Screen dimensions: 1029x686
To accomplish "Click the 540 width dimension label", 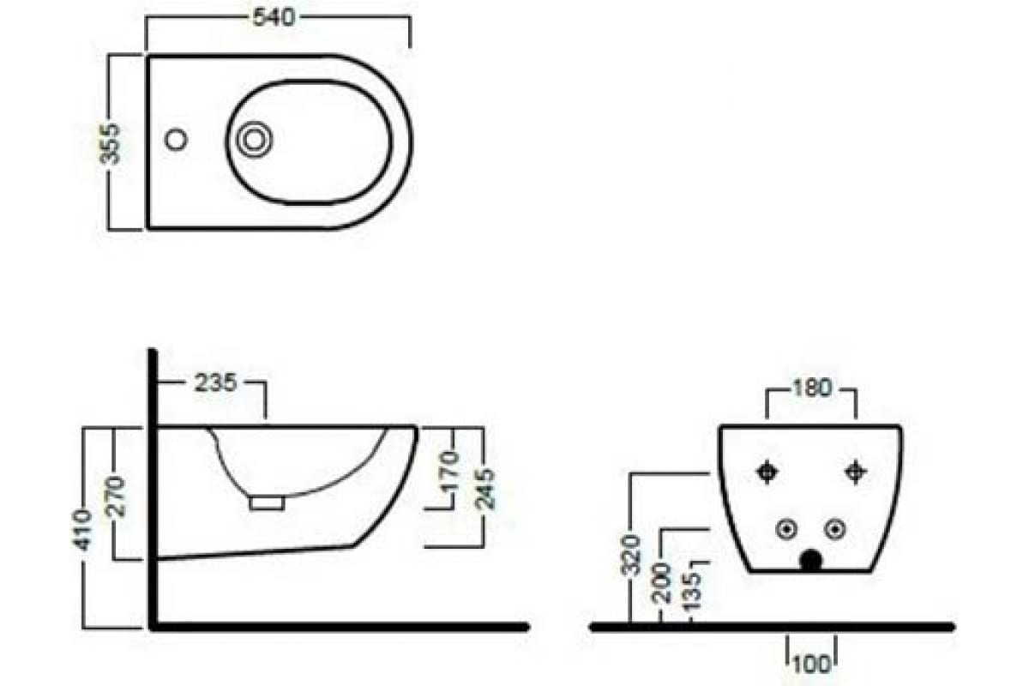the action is point(274,17).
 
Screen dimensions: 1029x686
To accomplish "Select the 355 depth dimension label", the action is point(111,144).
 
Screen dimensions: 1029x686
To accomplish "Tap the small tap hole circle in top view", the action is point(176,139).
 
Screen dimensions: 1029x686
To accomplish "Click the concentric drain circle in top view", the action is point(254,139).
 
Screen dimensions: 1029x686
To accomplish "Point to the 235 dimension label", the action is point(215,382).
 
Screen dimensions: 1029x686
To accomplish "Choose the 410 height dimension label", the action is point(82,530).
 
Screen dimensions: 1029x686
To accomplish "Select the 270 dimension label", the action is point(115,497).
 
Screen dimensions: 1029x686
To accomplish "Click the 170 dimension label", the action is point(449,472).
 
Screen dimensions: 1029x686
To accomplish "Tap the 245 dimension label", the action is point(484,490).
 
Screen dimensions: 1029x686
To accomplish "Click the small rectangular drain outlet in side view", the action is point(267,503).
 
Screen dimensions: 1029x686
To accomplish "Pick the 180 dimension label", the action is point(812,388).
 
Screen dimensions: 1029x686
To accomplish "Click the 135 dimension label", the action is point(693,591).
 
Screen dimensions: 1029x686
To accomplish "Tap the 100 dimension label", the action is point(811,665).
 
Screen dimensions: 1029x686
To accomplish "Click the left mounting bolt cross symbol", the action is point(767,472).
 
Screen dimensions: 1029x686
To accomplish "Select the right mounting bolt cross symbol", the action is point(856,472).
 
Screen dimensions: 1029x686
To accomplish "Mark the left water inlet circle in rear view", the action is point(786,529).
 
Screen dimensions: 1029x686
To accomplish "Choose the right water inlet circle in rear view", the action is point(835,529).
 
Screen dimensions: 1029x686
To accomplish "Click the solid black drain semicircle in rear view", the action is point(811,561).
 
